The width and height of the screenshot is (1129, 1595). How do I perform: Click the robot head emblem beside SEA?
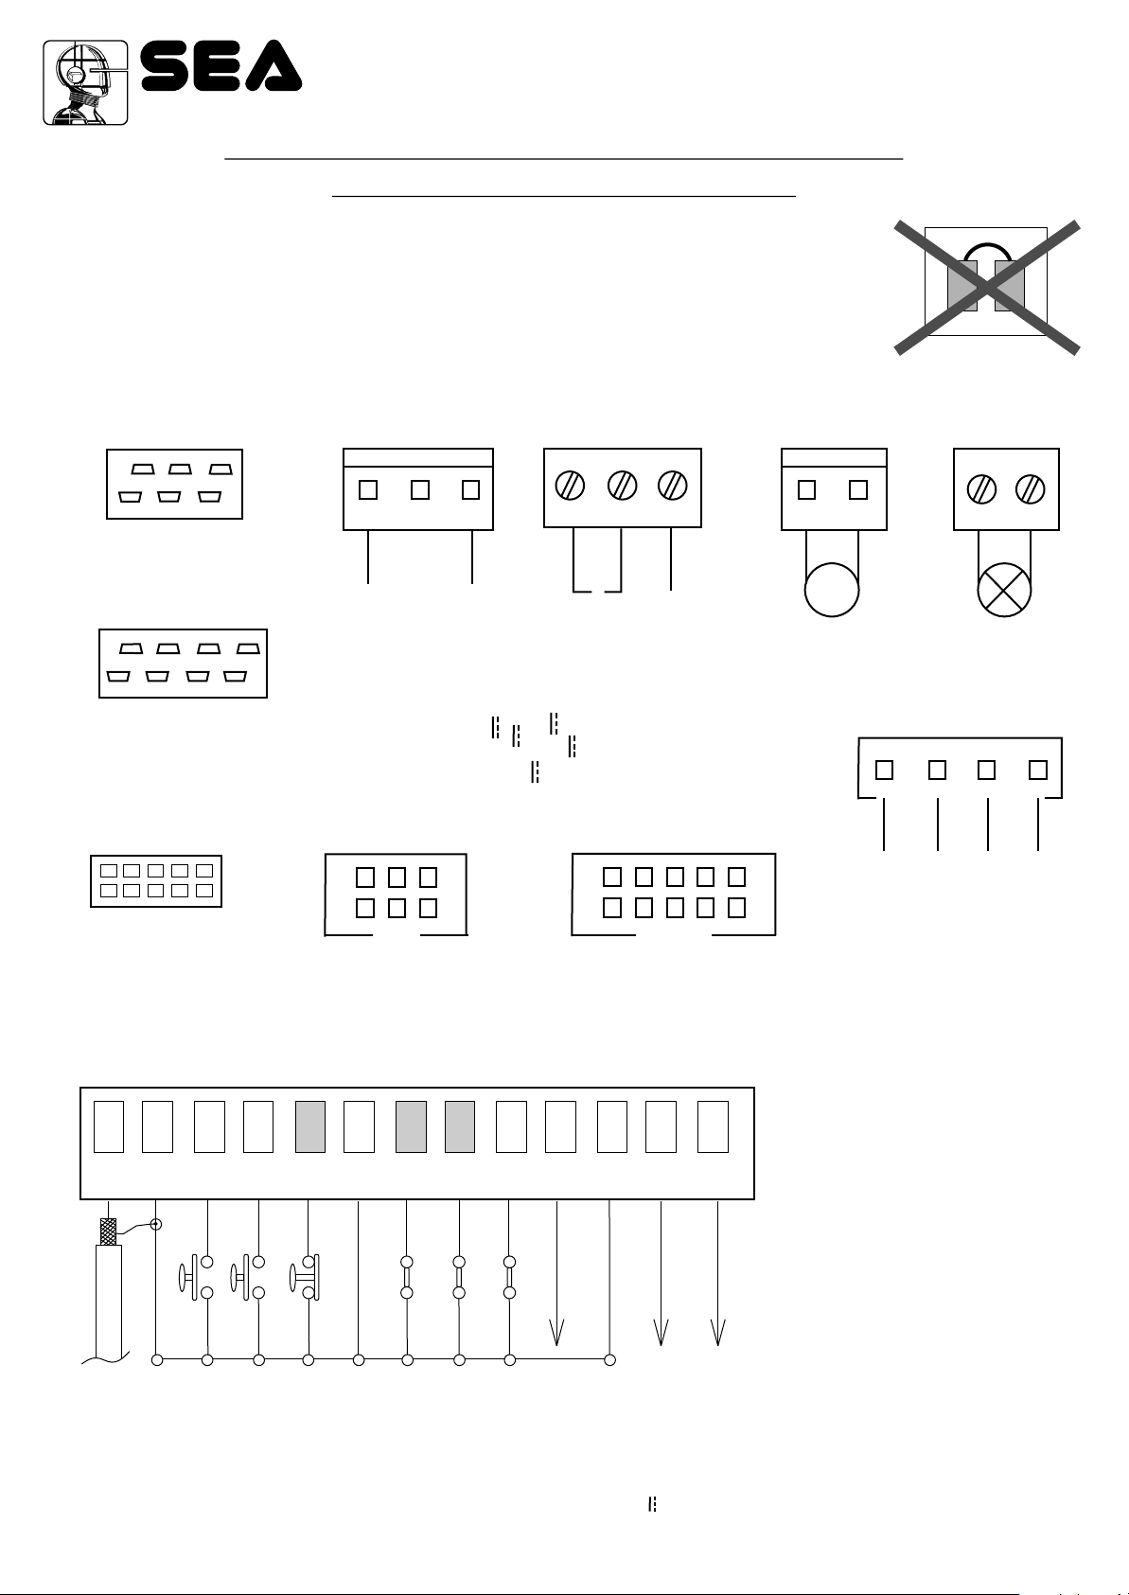click(x=85, y=82)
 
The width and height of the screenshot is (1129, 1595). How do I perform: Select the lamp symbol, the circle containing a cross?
click(x=1004, y=590)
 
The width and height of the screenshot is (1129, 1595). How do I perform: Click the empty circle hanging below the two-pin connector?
click(x=832, y=590)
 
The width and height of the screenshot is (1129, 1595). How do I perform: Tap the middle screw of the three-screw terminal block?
click(x=622, y=486)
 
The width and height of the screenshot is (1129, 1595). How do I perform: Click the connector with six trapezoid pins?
click(x=174, y=485)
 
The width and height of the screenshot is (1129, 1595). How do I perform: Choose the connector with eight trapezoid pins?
click(x=183, y=664)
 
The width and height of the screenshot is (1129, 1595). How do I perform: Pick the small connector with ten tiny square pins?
click(x=156, y=881)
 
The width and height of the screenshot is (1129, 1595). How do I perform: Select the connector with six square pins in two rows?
click(x=396, y=895)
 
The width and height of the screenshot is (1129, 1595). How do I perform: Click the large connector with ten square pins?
click(x=674, y=895)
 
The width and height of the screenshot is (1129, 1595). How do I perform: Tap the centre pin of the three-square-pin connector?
click(x=420, y=490)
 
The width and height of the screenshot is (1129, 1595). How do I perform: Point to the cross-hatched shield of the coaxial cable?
click(x=108, y=1232)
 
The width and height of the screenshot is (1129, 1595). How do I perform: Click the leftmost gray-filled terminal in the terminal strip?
click(x=310, y=1126)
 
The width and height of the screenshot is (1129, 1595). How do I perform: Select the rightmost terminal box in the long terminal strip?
click(x=713, y=1126)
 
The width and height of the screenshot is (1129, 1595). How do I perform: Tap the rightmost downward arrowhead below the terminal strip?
click(x=717, y=1332)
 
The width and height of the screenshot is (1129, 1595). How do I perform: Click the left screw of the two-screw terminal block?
click(x=981, y=490)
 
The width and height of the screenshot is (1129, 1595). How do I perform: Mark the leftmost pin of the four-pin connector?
click(x=884, y=770)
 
